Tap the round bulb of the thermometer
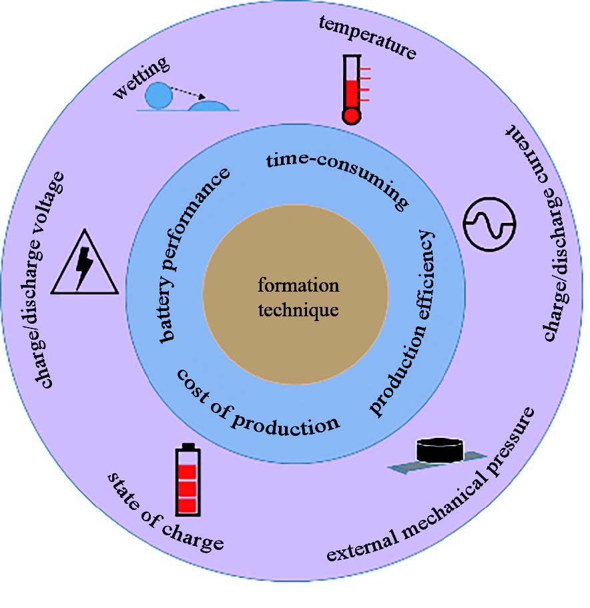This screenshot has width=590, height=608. click(x=350, y=115)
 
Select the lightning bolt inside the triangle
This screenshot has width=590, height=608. click(x=85, y=268)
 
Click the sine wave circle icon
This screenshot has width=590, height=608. click(x=491, y=224)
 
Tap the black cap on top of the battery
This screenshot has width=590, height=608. click(x=188, y=446)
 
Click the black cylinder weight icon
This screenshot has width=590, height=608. click(x=440, y=448)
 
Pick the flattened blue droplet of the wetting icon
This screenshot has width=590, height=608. click(x=209, y=105)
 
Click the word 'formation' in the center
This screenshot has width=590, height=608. click(x=298, y=286)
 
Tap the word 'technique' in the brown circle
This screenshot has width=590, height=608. click(x=298, y=310)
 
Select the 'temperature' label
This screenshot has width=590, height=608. click(x=368, y=37)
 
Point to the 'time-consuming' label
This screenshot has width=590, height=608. click(x=336, y=176)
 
